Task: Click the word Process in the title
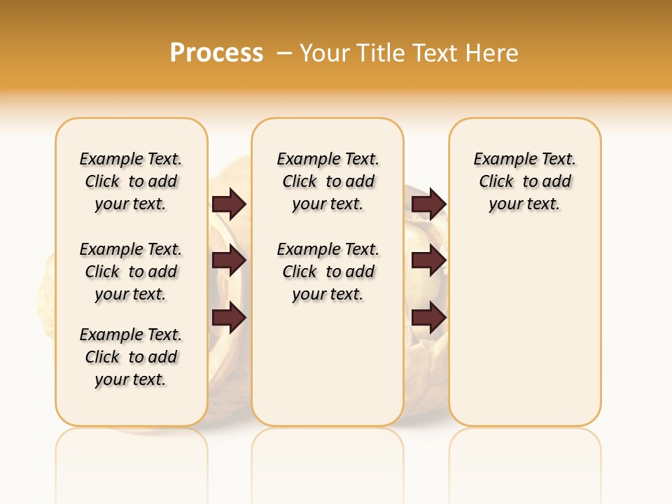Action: (x=216, y=52)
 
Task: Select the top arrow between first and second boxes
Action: (x=229, y=204)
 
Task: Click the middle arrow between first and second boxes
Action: (x=229, y=261)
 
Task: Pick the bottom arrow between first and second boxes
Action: (x=229, y=318)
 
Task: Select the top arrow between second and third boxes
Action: (x=428, y=204)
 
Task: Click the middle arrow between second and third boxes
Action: (x=428, y=261)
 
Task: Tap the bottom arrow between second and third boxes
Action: (x=428, y=318)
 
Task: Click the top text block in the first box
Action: (x=131, y=181)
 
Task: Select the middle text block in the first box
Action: (x=131, y=272)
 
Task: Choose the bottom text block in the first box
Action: (x=131, y=357)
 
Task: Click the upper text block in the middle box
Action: (x=328, y=181)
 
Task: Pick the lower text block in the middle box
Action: (x=328, y=272)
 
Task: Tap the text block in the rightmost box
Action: (x=524, y=181)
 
